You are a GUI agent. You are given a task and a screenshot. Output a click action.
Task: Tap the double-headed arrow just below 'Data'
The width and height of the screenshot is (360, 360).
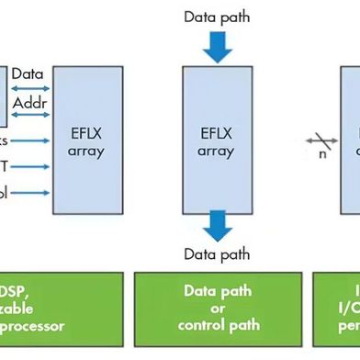coord(30,87)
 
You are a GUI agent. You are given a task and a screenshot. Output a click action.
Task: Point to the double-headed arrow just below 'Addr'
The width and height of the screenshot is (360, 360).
coord(30,114)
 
